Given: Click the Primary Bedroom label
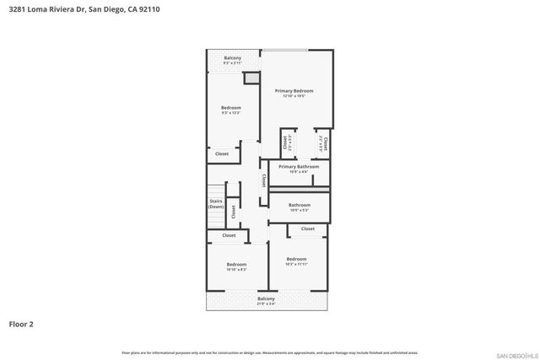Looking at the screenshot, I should click(x=294, y=90).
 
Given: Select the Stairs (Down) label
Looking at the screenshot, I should click(x=216, y=203).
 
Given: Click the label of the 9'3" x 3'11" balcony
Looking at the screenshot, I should click(x=233, y=58).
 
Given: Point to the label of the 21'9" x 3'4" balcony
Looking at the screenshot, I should click(x=266, y=299).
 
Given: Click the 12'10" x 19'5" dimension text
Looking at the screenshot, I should click(x=294, y=96).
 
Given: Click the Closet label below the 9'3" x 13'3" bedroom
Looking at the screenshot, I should click(x=221, y=153).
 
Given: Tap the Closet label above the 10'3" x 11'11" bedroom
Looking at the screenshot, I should click(x=308, y=228).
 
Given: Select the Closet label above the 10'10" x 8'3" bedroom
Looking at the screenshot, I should click(x=229, y=235).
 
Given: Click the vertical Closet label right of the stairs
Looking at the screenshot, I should click(x=233, y=212).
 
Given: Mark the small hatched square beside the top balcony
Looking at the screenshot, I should click(x=250, y=78).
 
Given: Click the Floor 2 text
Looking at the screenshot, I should click(x=21, y=323).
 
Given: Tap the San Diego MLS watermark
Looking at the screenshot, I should click(x=515, y=353).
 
